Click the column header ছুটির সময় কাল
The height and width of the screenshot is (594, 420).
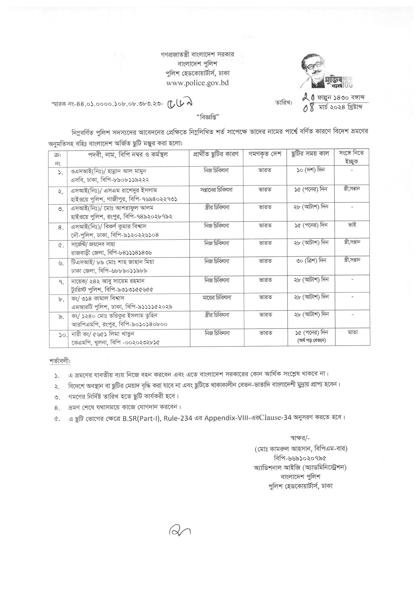(x=310, y=154)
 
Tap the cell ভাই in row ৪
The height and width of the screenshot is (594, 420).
(x=352, y=225)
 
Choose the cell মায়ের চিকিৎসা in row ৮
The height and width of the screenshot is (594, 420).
(x=217, y=298)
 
